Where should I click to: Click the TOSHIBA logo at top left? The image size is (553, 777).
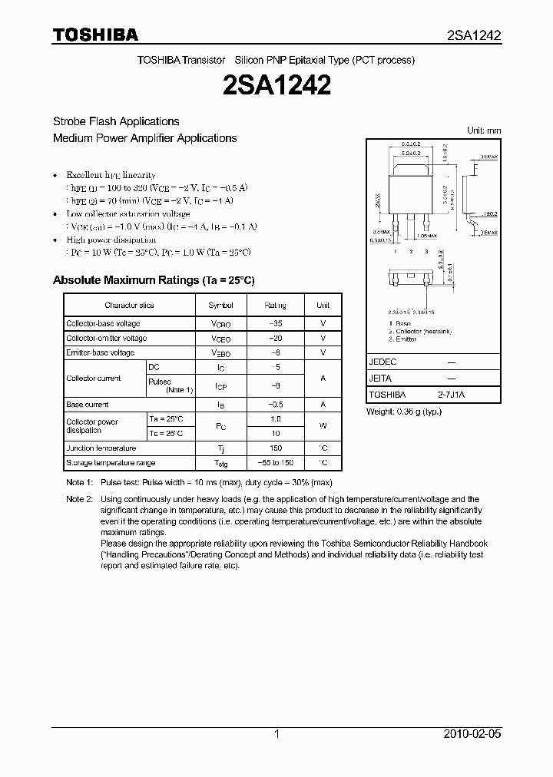(95, 35)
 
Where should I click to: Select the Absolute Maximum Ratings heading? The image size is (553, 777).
(153, 280)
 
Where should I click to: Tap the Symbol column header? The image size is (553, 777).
(221, 305)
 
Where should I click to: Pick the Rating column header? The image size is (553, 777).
(276, 305)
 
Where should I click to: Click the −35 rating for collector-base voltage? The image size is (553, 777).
(276, 323)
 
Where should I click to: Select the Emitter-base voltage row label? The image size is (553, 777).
(100, 352)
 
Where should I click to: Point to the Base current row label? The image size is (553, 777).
(88, 404)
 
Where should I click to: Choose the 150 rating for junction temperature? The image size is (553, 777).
(276, 448)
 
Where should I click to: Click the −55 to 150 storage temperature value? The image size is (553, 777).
(276, 463)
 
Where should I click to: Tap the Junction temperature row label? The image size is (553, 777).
(101, 448)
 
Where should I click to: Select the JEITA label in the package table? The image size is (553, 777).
(380, 379)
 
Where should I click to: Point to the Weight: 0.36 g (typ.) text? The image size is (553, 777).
(404, 412)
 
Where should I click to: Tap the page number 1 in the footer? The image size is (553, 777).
(276, 734)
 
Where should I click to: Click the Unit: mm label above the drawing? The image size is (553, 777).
(484, 131)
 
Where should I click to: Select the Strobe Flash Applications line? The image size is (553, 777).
(116, 121)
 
